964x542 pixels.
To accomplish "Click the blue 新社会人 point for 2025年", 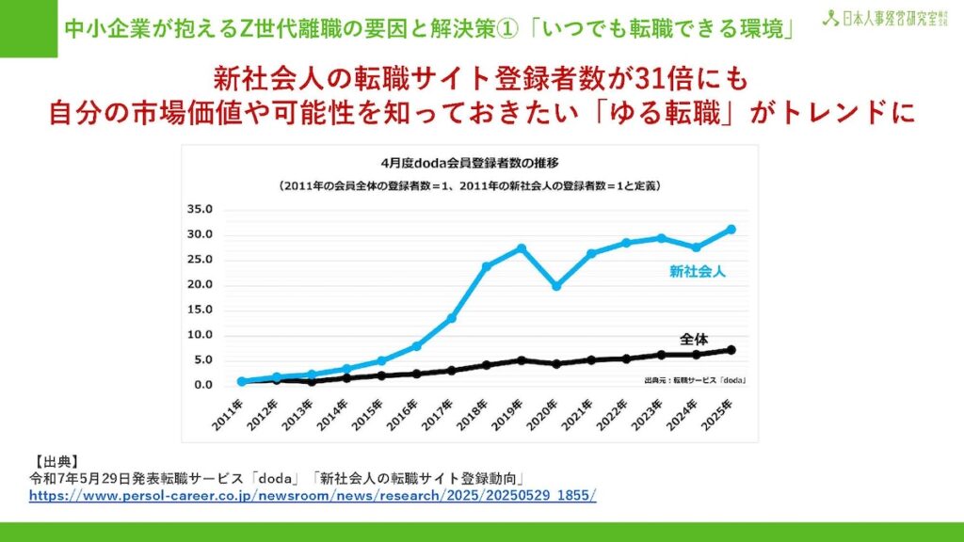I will [731, 229].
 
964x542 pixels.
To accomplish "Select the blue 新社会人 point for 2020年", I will [556, 285].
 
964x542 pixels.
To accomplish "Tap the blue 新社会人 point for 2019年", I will [522, 248].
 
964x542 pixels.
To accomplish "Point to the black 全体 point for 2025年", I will [731, 350].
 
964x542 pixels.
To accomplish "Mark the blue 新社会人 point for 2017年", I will [452, 318].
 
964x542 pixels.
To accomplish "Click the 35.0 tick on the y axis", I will [201, 209].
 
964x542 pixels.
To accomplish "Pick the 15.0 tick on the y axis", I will [201, 310].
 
